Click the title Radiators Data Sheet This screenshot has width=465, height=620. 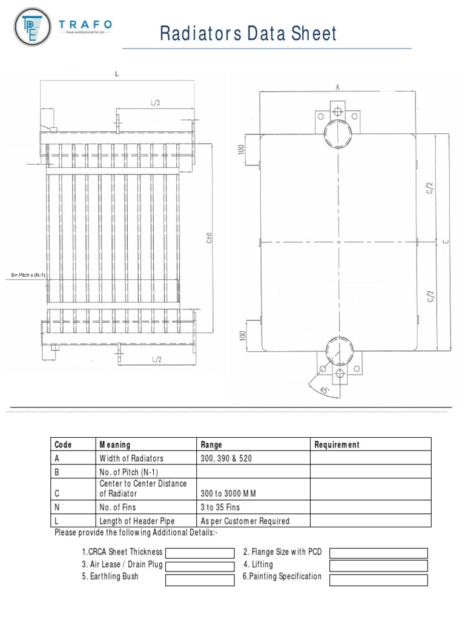248,33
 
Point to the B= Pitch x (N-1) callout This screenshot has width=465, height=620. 28,276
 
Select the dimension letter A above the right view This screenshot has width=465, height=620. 337,87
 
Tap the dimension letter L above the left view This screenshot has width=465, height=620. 117,74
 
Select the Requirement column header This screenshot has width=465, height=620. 337,444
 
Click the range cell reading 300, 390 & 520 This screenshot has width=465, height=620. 226,458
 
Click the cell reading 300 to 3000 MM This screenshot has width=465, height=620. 228,493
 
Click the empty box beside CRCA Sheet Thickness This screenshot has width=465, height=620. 199,553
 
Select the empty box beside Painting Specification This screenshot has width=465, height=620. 378,580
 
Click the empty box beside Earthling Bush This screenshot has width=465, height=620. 199,580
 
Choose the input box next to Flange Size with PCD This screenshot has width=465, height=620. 378,553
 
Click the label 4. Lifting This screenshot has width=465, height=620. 258,564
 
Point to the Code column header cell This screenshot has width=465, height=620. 63,444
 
